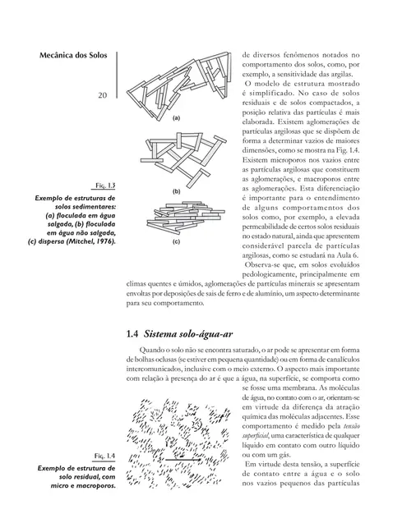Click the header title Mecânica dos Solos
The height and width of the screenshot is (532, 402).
click(76, 57)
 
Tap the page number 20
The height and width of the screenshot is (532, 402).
click(103, 95)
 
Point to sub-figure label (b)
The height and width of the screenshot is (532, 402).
click(175, 190)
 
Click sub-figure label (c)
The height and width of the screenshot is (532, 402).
click(175, 242)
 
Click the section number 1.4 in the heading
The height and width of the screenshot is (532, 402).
click(135, 335)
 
